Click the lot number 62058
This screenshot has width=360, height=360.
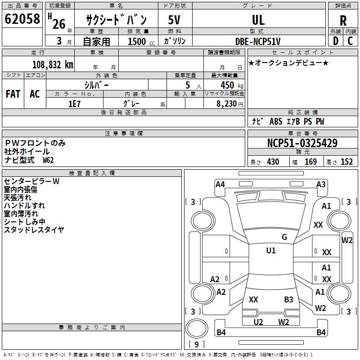pos(22,19)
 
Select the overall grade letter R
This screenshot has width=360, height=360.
pos(343,21)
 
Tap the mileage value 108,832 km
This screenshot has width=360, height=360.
pos(53,65)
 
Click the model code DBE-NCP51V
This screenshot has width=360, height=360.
pos(258,41)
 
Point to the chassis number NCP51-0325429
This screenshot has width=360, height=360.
pos(302,143)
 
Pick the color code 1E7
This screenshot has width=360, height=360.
pos(74,104)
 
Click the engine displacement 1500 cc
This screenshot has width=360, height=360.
pos(141,41)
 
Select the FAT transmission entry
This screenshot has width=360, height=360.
pos(13,94)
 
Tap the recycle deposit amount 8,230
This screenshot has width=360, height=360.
pos(227,104)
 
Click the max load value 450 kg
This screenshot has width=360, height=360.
pos(232,85)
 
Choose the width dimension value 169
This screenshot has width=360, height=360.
pos(310,162)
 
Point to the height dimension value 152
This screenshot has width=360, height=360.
pos(346,162)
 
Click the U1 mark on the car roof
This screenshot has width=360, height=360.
pos(271,251)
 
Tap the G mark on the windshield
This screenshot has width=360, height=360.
pos(284,237)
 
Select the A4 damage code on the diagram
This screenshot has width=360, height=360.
pos(220,184)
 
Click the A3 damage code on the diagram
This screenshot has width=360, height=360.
pos(321,184)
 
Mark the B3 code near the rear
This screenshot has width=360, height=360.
pos(288,300)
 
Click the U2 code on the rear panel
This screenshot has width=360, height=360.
pos(258,322)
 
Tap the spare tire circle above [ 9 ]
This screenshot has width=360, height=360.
pos(197,328)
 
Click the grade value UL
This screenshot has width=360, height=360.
pos(258,20)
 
